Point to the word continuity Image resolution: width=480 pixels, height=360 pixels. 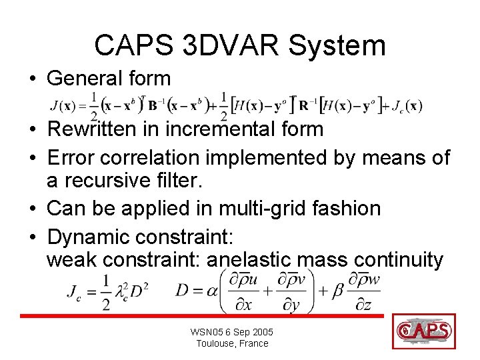click(x=398, y=259)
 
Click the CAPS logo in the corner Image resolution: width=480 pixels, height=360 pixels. click(x=424, y=331)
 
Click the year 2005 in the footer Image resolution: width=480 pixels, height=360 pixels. click(x=261, y=332)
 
